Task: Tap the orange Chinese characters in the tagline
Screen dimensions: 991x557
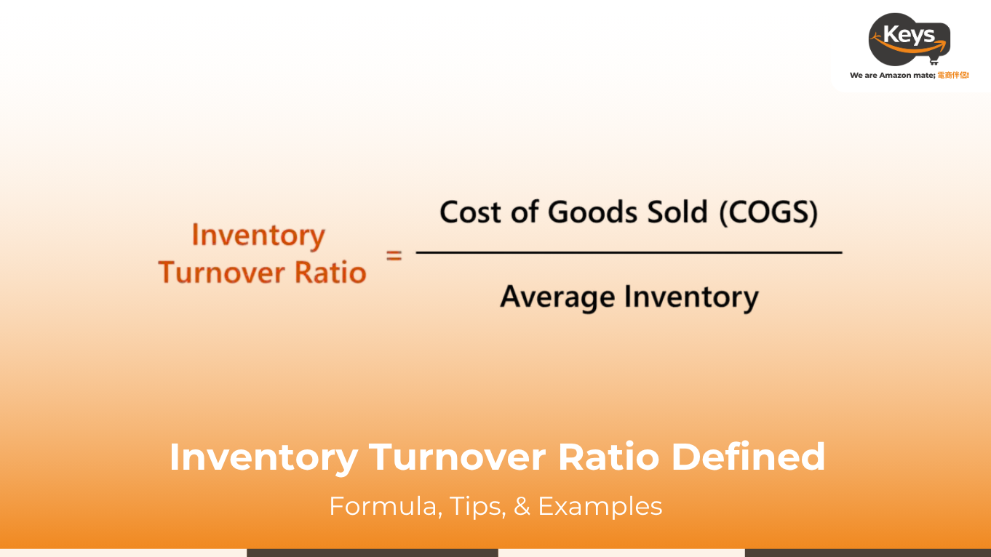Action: [x=953, y=75]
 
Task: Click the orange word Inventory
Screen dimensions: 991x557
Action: [x=258, y=236]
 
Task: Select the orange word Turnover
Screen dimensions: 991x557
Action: [x=222, y=272]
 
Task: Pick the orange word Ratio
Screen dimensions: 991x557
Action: [x=330, y=272]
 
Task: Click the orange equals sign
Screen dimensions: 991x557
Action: [x=394, y=255]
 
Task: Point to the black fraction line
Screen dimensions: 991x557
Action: [x=629, y=252]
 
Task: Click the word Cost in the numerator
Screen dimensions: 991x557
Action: [x=470, y=212]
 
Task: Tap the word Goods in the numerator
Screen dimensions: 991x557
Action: [x=593, y=212]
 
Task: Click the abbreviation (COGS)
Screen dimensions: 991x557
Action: [x=768, y=213]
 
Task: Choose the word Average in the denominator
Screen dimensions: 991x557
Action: [x=558, y=297]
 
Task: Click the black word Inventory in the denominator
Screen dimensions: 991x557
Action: [x=691, y=297]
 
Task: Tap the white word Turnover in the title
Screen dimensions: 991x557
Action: [x=458, y=457]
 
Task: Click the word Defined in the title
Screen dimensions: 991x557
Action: [x=748, y=456]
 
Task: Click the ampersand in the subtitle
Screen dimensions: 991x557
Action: [x=522, y=506]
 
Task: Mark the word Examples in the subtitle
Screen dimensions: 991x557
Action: [x=600, y=507]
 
